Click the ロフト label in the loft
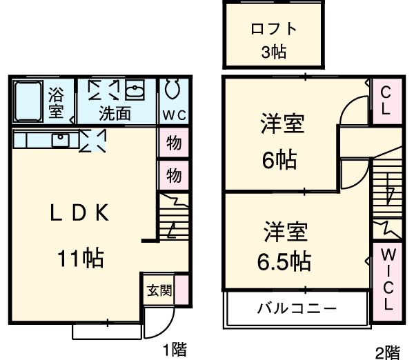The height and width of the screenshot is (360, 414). tap(273, 29)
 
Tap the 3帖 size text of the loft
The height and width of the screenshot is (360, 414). tap(273, 52)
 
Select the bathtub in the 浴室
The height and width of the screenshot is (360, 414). tap(28, 101)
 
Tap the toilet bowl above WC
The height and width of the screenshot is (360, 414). tap(172, 90)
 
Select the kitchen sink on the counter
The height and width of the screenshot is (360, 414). tap(61, 140)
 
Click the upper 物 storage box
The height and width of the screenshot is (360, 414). tap(174, 143)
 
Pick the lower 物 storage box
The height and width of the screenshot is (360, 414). tap(174, 175)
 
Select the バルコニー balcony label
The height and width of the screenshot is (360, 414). tap(297, 308)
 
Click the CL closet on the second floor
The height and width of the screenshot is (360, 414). tap(384, 101)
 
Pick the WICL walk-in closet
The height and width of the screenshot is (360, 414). tap(386, 279)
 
